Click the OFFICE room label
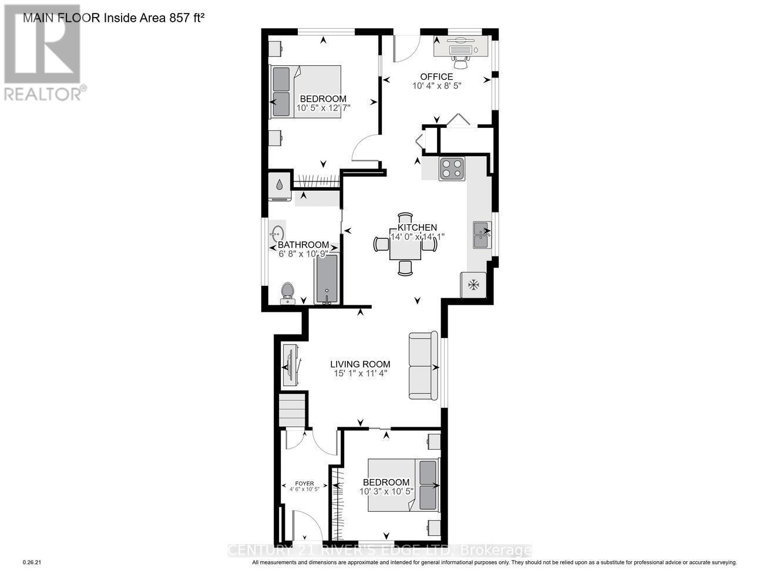[436, 76]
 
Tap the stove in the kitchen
[452, 168]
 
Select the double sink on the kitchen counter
[482, 236]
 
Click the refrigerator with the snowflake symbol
[473, 285]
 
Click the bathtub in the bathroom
[327, 279]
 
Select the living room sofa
[423, 367]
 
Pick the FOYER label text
[304, 483]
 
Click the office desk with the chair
[461, 47]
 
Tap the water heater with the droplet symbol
[280, 185]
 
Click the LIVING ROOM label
[359, 364]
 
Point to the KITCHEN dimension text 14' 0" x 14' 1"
[418, 237]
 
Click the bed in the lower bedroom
[403, 485]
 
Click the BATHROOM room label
[303, 245]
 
